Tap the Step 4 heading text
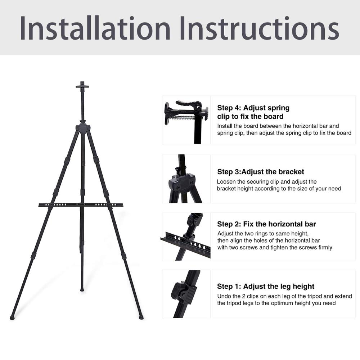(253, 112)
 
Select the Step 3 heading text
(261, 172)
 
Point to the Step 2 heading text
(266, 224)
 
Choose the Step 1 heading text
(266, 286)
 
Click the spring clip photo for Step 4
(186, 120)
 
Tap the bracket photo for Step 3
(186, 179)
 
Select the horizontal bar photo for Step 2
(186, 237)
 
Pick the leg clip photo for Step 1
(186, 294)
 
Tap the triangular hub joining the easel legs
(83, 128)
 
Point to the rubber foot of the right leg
(141, 318)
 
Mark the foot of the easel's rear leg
(82, 289)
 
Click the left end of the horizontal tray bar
(40, 205)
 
